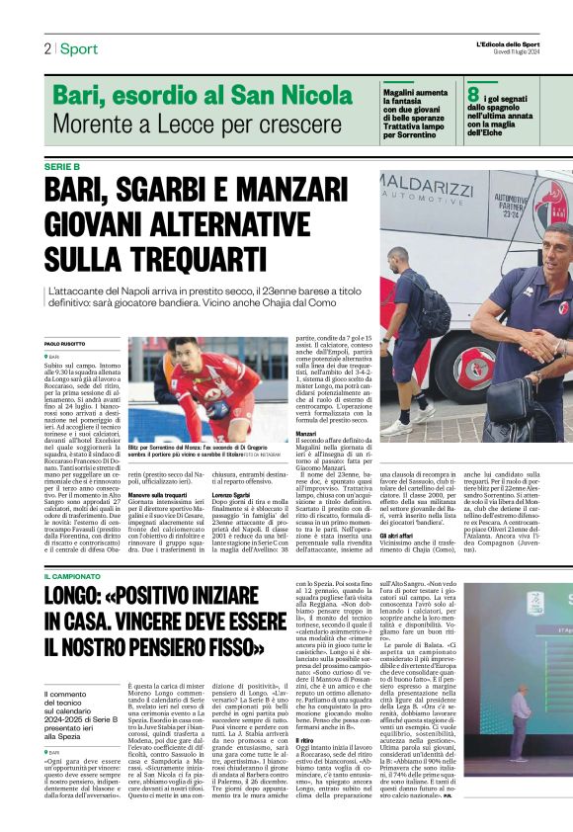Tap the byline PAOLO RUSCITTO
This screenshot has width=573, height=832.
click(x=66, y=343)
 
